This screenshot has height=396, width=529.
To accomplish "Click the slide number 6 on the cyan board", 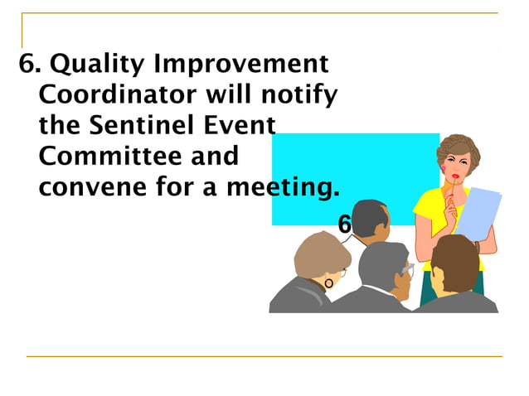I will pos(345,224).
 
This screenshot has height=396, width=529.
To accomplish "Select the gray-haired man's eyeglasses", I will pos(406,269).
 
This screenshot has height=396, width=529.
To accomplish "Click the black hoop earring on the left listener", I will pos(329,284).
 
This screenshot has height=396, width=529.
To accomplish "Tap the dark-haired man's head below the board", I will pos(371,220).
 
